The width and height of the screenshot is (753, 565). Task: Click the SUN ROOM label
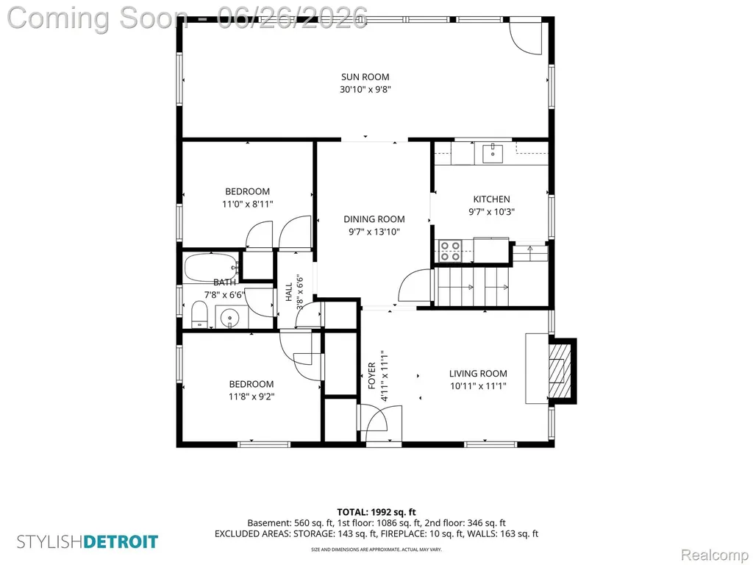365,77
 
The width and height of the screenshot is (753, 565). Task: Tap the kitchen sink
493,153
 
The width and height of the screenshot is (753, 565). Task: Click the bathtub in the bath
212,268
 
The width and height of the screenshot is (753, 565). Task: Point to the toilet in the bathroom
199,314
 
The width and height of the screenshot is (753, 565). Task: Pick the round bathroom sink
232,318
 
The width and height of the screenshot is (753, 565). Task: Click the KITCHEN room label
491,199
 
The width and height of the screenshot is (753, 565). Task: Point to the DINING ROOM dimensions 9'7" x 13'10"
374,232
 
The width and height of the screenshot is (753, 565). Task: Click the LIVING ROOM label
478,373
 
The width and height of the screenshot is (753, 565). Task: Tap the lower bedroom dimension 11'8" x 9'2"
251,397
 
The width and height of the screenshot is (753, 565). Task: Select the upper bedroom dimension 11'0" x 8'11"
247,204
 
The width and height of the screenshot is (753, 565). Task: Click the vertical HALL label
288,292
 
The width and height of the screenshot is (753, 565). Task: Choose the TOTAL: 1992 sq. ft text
376,512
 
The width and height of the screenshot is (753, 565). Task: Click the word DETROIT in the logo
121,542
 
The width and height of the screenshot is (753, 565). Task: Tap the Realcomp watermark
715,555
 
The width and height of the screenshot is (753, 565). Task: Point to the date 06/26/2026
293,18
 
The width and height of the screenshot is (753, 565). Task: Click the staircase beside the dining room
473,286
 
